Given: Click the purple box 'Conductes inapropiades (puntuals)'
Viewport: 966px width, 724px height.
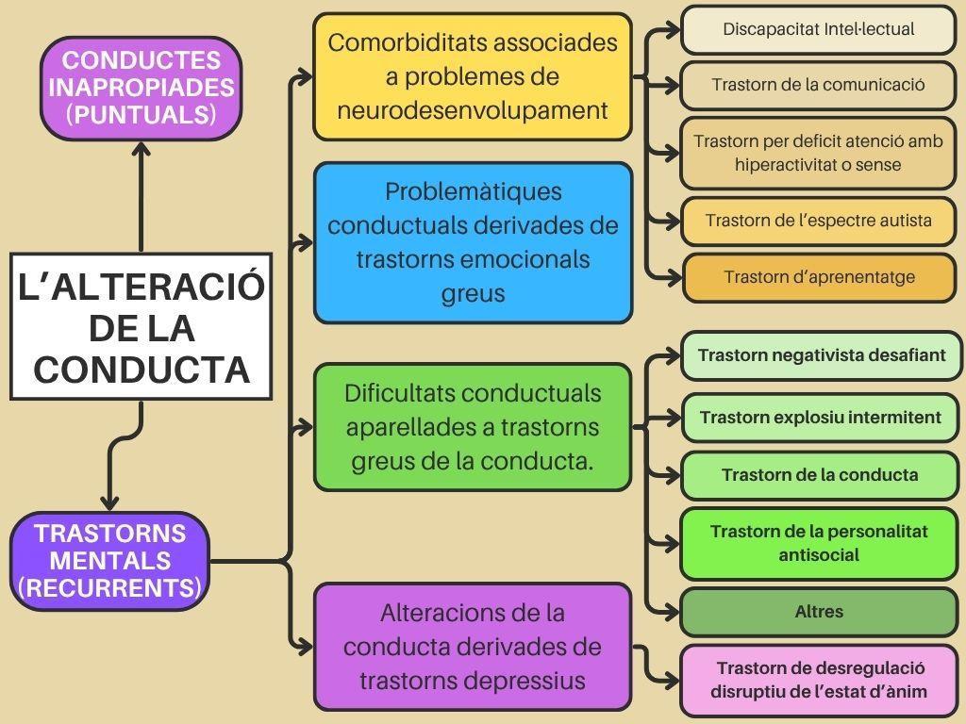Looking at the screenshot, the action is click(x=142, y=88).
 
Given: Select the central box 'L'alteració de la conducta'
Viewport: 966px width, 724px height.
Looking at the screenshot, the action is click(x=142, y=326).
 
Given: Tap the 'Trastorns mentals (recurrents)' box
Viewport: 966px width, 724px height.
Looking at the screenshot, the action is click(x=109, y=561).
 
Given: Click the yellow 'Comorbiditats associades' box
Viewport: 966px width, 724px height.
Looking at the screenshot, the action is click(x=473, y=77).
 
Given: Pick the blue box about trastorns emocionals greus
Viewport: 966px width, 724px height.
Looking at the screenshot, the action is click(x=473, y=242).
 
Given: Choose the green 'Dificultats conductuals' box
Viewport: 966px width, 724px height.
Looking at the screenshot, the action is click(x=473, y=427).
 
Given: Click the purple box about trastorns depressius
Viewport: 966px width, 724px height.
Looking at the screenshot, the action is click(x=473, y=647).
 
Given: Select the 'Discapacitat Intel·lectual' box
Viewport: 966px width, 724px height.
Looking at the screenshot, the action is click(x=818, y=29).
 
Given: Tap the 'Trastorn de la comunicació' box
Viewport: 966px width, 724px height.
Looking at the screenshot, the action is click(x=818, y=85).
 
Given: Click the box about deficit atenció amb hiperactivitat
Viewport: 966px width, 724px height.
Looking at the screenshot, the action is click(x=818, y=154).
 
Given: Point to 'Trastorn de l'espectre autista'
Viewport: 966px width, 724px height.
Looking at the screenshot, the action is click(x=818, y=221).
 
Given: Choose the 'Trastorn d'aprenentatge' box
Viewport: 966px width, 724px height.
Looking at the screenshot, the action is click(x=820, y=278).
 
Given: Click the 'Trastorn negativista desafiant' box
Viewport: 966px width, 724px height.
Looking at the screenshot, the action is click(x=822, y=355).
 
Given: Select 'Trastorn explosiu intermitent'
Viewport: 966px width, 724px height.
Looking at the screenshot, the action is click(x=820, y=418).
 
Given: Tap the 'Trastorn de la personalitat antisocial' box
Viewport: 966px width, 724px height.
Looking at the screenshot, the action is click(x=819, y=544).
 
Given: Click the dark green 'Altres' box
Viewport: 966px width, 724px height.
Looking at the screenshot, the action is click(x=819, y=612).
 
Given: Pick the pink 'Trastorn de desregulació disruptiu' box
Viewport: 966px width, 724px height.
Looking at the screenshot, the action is click(x=819, y=681).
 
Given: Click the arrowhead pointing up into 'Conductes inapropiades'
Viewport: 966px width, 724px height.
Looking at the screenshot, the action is click(x=142, y=149).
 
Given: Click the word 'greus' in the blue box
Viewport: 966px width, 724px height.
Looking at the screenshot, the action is click(x=473, y=294).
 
